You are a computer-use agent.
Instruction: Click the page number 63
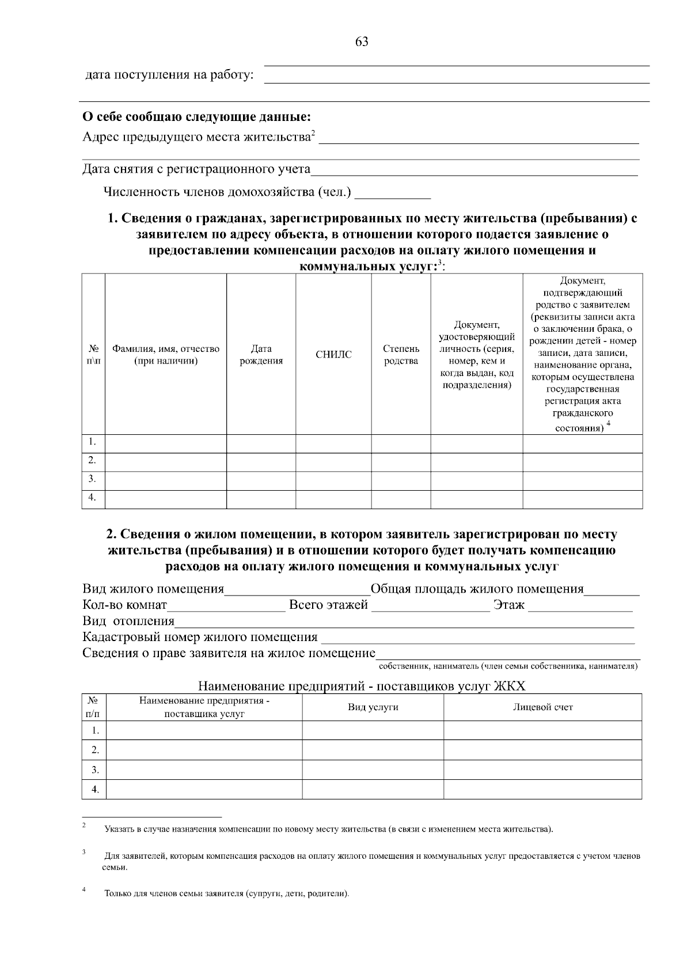(362, 42)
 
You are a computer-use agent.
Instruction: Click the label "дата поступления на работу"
(169, 75)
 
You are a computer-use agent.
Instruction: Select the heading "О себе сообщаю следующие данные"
(197, 117)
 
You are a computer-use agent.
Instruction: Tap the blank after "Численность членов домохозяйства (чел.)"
(393, 193)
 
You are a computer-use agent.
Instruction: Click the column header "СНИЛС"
(333, 355)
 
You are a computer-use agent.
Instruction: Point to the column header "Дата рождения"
(261, 355)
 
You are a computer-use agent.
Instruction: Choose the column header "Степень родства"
(401, 355)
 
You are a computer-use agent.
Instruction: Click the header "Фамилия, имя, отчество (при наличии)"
(166, 355)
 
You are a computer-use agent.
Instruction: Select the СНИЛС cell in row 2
(333, 462)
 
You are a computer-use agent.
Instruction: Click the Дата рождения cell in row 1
(261, 443)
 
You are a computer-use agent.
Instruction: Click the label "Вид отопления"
(128, 621)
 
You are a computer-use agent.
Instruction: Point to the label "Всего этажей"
(328, 605)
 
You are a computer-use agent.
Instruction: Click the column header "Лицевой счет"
(542, 707)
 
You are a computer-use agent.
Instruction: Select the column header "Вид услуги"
(373, 707)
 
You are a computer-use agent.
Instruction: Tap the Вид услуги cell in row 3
(373, 769)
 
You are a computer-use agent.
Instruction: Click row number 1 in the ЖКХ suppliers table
(95, 730)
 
